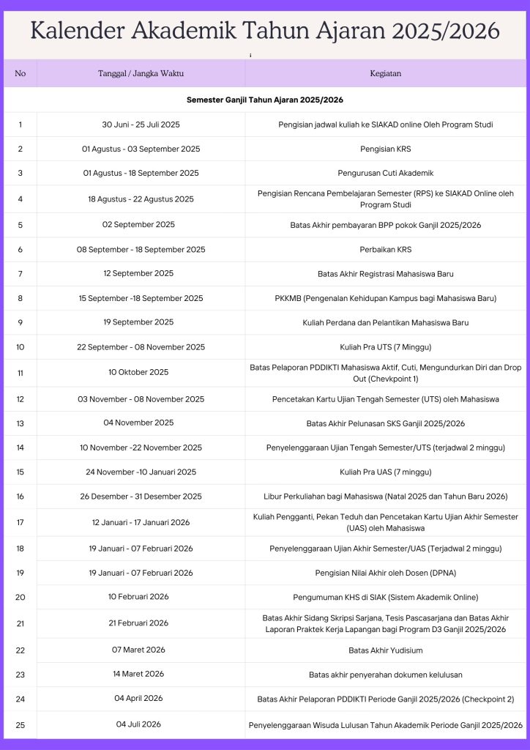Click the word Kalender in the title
[x=75, y=31]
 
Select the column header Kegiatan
[x=385, y=73]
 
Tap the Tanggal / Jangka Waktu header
[x=141, y=73]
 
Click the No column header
[x=20, y=73]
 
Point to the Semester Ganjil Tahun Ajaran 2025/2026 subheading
[x=265, y=100]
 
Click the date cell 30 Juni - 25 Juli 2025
[x=141, y=125]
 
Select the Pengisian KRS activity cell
[x=385, y=149]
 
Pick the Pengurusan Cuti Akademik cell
[x=385, y=173]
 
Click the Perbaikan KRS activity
[x=385, y=250]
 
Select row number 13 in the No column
[x=20, y=423]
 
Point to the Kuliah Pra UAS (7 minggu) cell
[x=385, y=472]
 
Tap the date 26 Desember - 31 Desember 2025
[x=141, y=496]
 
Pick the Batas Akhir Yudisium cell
[x=385, y=650]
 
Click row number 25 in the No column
[x=20, y=725]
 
